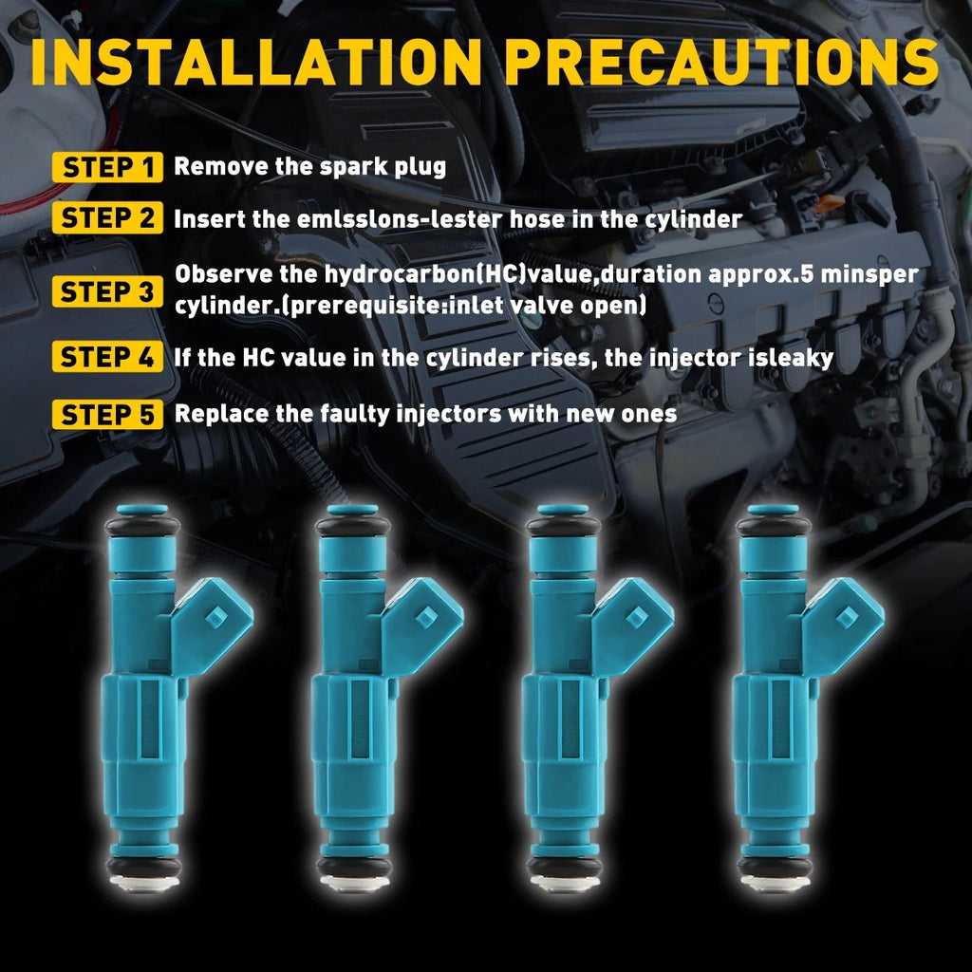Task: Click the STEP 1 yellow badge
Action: (107, 168)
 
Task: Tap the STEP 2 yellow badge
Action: (107, 219)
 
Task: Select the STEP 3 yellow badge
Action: (107, 291)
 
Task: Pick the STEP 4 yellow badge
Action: (107, 358)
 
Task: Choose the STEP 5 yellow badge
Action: (107, 415)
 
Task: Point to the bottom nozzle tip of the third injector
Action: (564, 885)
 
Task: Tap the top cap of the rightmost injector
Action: (773, 511)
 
